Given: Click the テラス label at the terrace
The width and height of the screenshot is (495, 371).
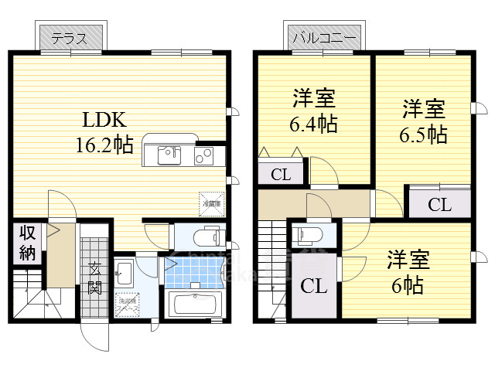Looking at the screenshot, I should [x=69, y=37].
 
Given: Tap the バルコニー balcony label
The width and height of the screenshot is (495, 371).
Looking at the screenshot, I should [x=323, y=37].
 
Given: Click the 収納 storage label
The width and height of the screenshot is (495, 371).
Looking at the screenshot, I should [x=27, y=241].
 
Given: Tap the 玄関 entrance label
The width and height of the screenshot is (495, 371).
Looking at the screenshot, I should [x=94, y=278].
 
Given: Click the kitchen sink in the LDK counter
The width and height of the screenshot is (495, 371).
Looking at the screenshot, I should [x=170, y=156].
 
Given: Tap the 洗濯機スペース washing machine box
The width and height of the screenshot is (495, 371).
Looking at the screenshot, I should [x=126, y=302].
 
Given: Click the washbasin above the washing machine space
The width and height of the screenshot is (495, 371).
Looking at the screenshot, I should [x=125, y=271].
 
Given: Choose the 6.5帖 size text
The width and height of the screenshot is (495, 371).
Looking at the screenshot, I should [x=422, y=133].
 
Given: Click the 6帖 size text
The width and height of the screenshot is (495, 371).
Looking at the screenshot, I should [x=405, y=284].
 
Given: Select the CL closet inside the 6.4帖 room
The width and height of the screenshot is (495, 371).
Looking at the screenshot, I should [x=281, y=175].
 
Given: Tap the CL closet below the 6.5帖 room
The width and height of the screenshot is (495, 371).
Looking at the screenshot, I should [x=439, y=204].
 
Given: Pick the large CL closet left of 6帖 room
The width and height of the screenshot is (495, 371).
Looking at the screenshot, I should [x=313, y=286].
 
